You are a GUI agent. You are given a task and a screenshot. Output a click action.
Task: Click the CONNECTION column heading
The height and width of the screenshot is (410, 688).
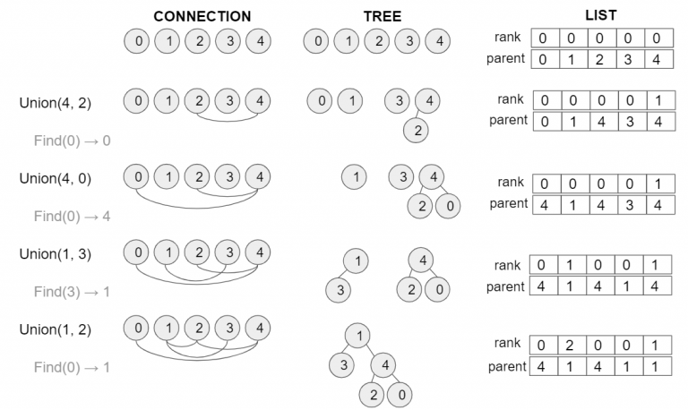(x=202, y=16)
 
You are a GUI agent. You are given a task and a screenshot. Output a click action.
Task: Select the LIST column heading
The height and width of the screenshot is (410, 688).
(x=600, y=16)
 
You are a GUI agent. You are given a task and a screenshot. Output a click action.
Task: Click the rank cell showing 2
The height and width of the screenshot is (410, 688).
(x=572, y=344)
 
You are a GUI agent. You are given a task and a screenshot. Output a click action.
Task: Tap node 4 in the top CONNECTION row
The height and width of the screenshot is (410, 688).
(x=258, y=41)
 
